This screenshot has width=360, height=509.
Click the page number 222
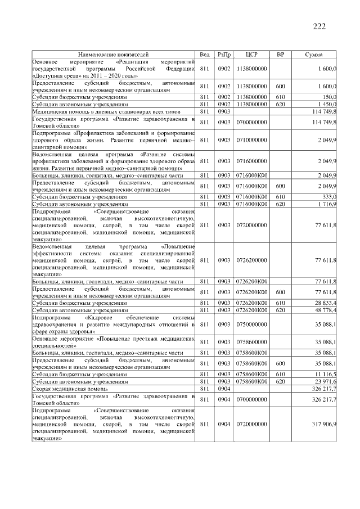coord(318,26)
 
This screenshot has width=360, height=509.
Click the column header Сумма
coord(313,55)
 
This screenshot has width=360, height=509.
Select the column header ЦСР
coord(252,55)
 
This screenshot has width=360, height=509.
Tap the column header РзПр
coord(224,55)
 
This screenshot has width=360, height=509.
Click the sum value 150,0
coord(329,97)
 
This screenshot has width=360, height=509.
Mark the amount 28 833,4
coord(326,303)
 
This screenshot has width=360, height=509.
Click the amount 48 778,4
coord(326,309)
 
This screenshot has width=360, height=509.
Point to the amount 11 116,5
coord(326,373)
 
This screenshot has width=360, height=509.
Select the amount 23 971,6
coord(326,381)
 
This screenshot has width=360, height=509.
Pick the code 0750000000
coord(252,324)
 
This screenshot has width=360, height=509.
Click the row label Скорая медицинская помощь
coord(70,388)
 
